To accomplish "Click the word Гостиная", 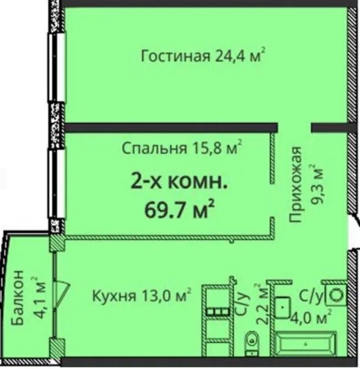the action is coord(175,57).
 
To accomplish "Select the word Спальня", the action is coord(154,149).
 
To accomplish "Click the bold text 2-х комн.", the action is coord(179,183).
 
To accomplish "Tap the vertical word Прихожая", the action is coord(295,184).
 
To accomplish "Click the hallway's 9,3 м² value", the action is coord(316,184).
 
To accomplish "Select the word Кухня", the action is coord(115,296).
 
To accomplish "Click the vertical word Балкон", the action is coord(17,298).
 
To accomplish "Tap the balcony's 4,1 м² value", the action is coord(38,298).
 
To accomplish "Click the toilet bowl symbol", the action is coord(252,345).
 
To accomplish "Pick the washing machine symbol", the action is coord(336,295).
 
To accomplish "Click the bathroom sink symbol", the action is coord(283,307).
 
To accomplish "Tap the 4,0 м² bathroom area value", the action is coord(311,317).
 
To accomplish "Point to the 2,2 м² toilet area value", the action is coord(261,305).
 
